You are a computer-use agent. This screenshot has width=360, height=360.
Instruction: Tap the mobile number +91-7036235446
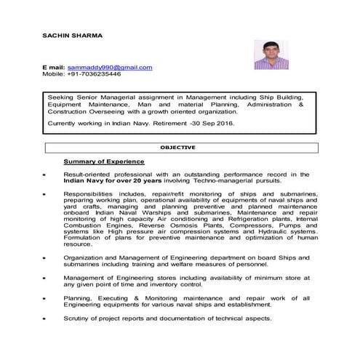pos(95,74)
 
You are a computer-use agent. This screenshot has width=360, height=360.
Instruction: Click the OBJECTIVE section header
pos(177,148)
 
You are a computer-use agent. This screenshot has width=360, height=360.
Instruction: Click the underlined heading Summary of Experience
pos(104,161)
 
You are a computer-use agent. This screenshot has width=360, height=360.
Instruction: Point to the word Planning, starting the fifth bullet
pos(79,297)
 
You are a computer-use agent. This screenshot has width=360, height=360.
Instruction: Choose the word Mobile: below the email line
pos(54,74)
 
